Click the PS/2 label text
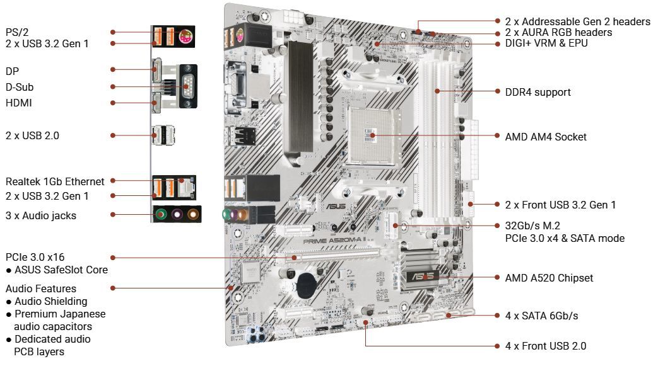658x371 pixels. tap(17, 31)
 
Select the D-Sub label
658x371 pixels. tap(20, 86)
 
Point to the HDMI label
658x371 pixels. tap(18, 103)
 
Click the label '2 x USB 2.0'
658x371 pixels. tap(32, 135)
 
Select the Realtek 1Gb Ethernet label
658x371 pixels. tap(55, 181)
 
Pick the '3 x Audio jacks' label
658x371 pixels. tap(41, 215)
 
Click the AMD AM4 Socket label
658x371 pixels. tap(546, 137)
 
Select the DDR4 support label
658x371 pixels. tap(538, 92)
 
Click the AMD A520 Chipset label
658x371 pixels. tap(549, 278)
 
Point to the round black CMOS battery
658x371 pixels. tap(308, 285)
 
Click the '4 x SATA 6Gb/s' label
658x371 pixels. tap(541, 316)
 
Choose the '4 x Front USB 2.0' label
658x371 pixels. tap(545, 346)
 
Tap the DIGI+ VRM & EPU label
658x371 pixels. tap(546, 43)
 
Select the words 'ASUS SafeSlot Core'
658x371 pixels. tap(61, 270)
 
